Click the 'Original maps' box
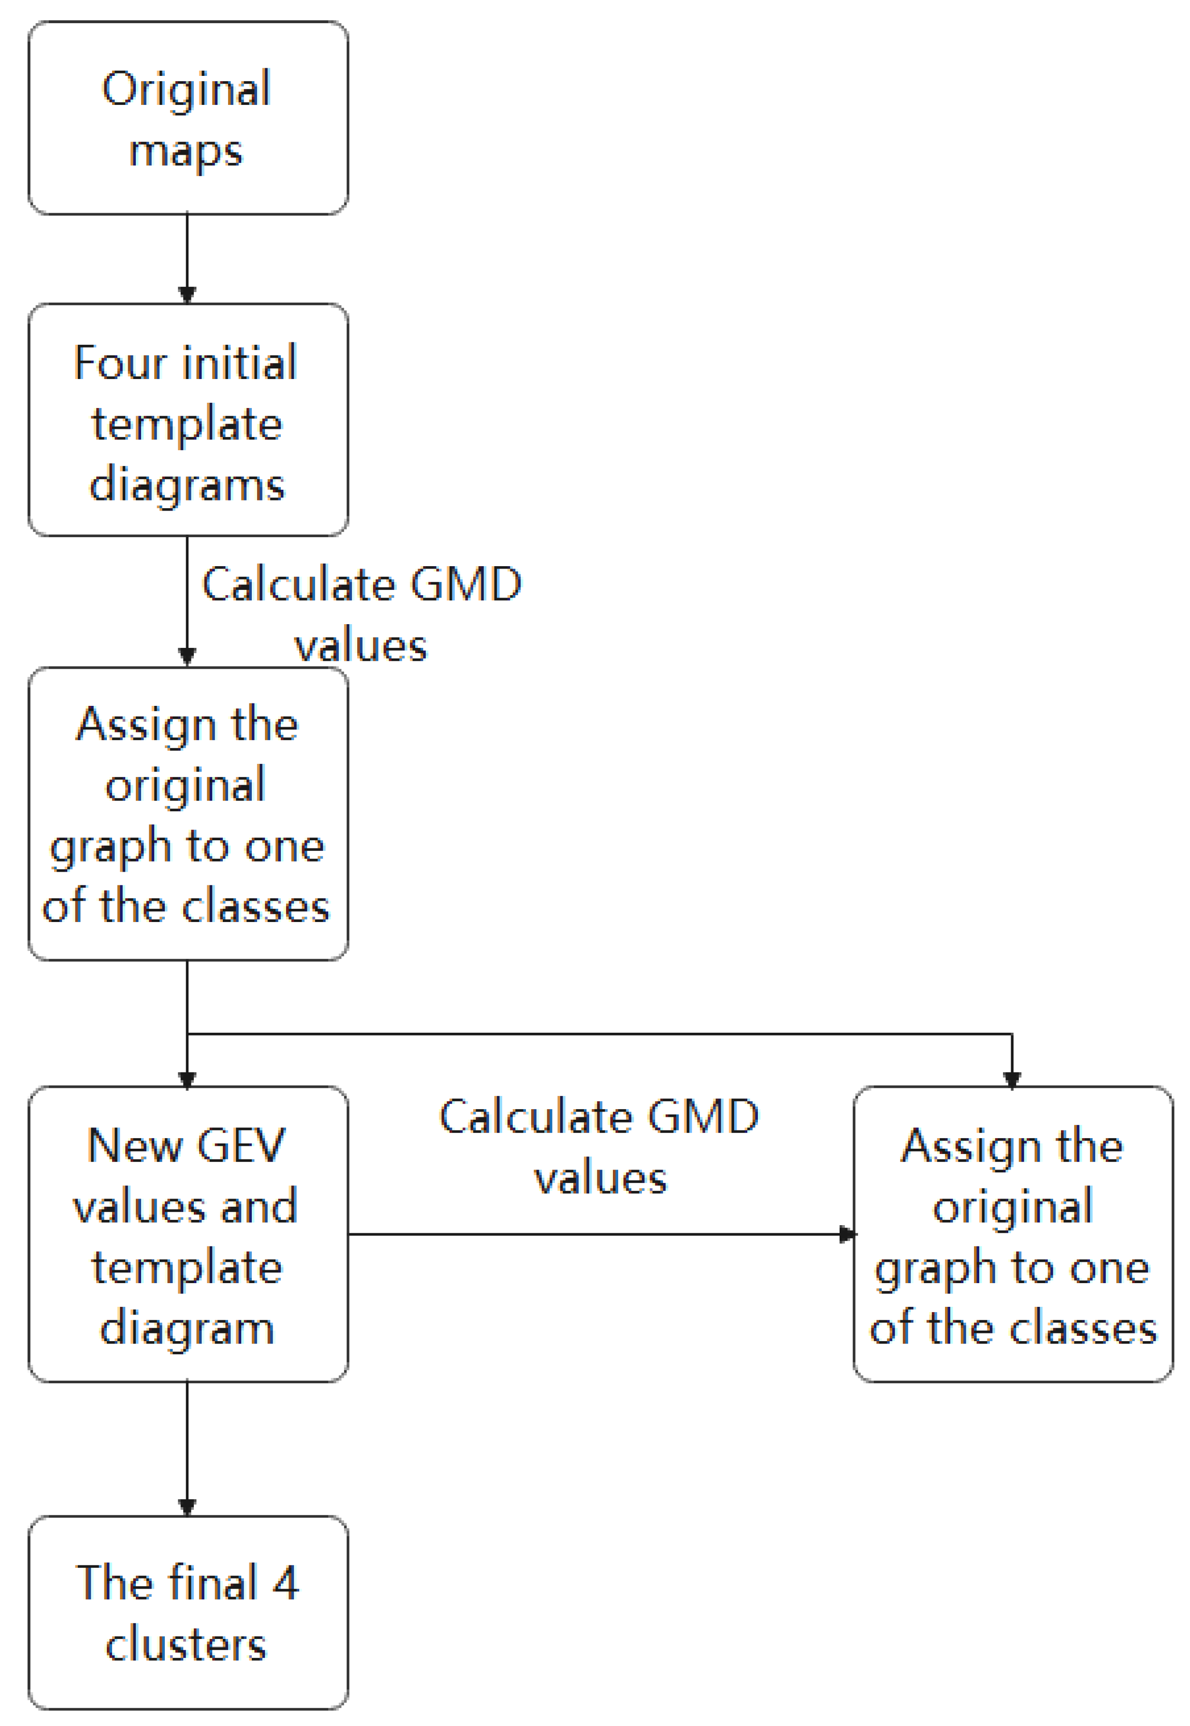tap(188, 118)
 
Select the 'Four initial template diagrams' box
tap(188, 421)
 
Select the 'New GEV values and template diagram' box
tap(188, 1234)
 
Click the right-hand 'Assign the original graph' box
tap(1013, 1234)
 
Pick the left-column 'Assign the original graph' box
tap(188, 814)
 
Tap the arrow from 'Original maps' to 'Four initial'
tap(187, 257)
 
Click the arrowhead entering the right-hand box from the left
tap(848, 1234)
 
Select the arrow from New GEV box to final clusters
tap(187, 1447)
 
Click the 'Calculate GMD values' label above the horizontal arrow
tap(599, 1147)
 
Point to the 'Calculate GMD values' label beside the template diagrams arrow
tap(361, 614)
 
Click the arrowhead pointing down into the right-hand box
tap(1012, 1079)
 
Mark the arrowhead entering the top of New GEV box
tap(187, 1079)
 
